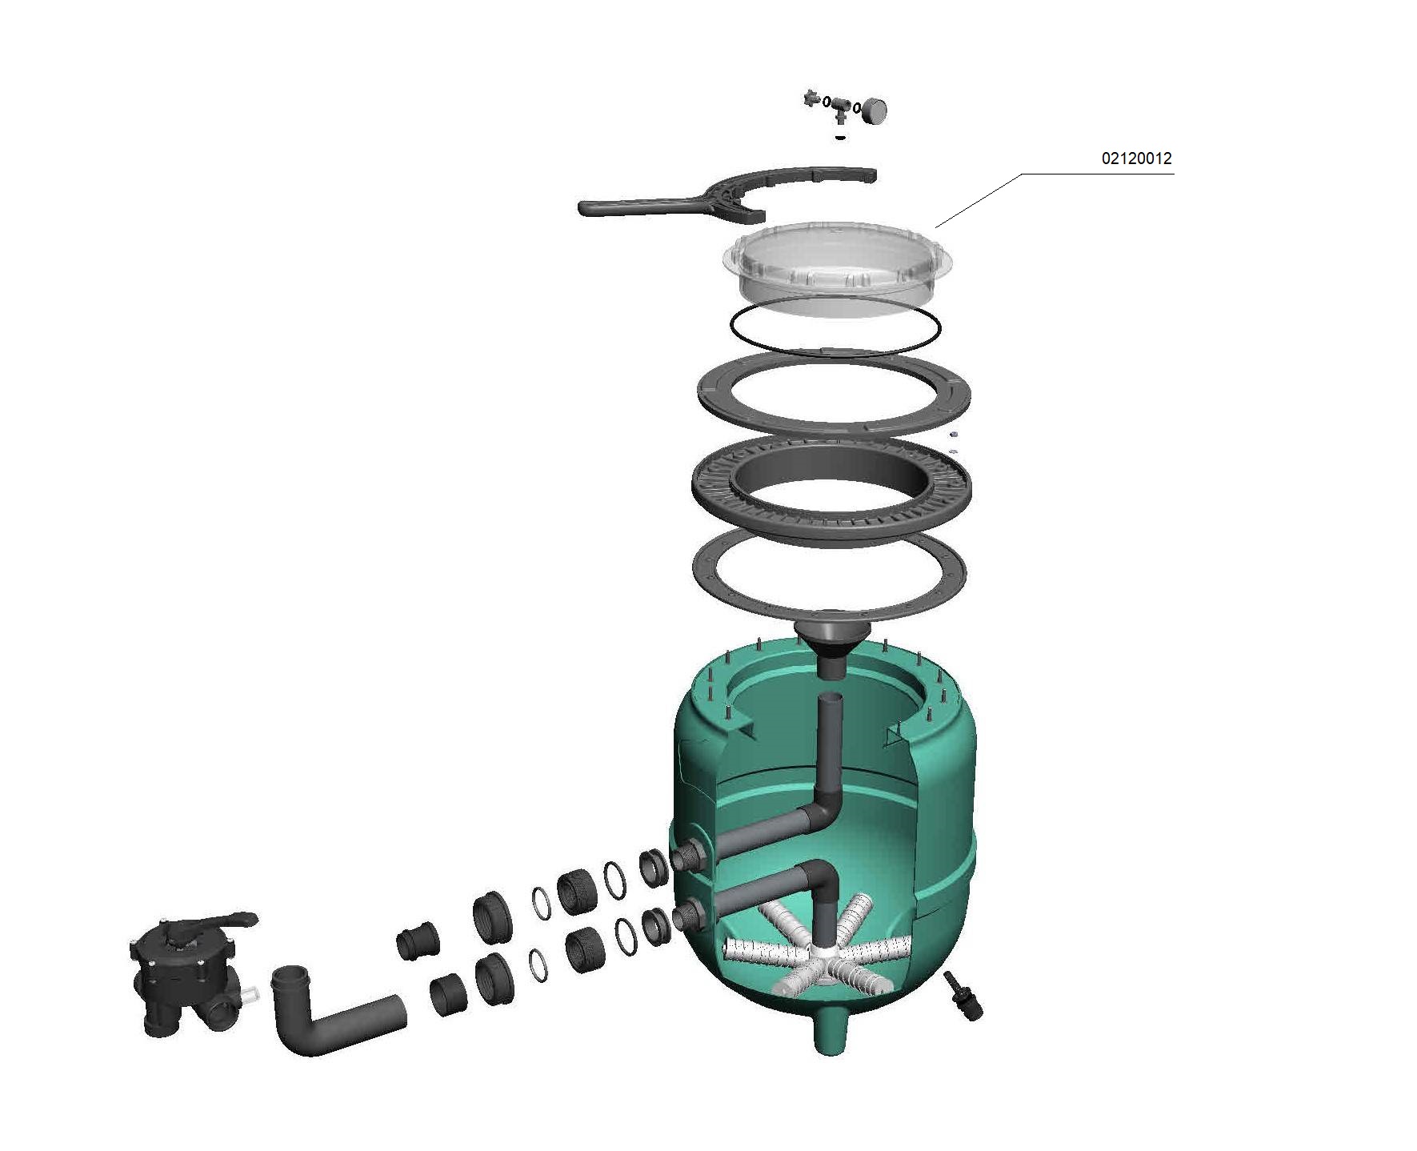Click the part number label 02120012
pos(1135,158)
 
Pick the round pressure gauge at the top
pos(875,110)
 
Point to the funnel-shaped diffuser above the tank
pos(832,640)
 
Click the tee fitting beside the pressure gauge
pos(839,107)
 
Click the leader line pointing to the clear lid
pos(980,200)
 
